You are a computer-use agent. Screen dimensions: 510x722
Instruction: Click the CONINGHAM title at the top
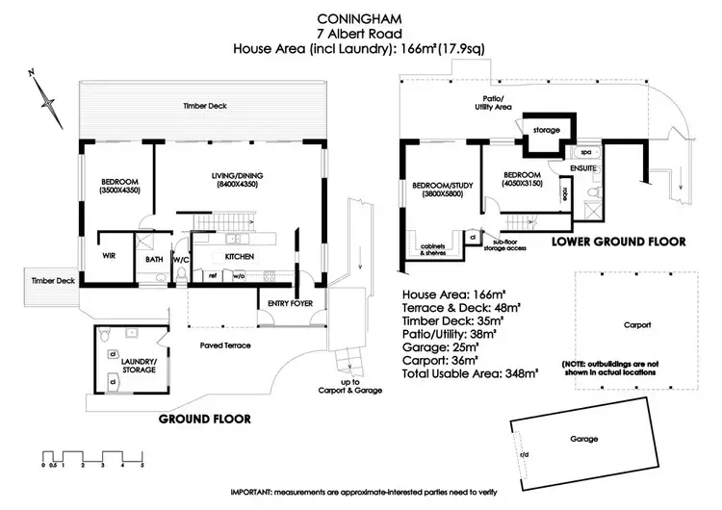point(361,17)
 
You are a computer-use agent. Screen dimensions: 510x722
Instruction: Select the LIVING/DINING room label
point(238,181)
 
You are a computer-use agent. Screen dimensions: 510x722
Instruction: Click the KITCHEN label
point(239,257)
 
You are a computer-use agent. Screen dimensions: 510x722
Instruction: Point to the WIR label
point(109,256)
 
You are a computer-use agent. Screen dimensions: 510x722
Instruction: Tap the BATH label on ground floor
point(155,258)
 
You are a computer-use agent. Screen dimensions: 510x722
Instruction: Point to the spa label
point(584,153)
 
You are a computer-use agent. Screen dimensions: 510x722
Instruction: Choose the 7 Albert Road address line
point(361,34)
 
